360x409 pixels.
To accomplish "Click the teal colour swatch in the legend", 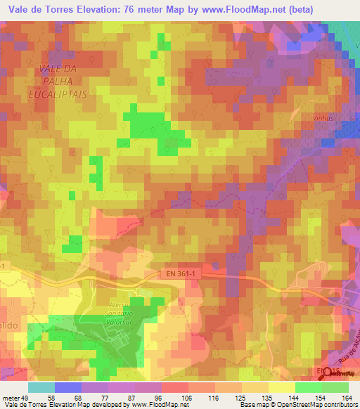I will (41, 387).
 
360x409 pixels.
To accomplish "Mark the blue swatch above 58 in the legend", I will (68, 387).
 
